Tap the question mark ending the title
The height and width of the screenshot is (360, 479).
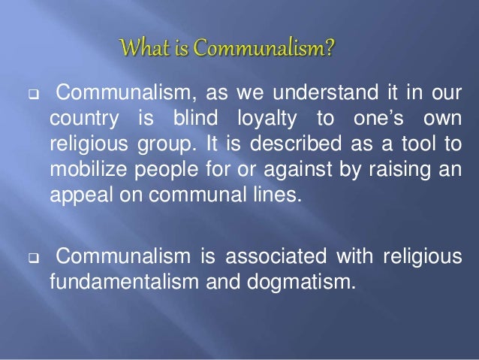(x=330, y=50)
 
